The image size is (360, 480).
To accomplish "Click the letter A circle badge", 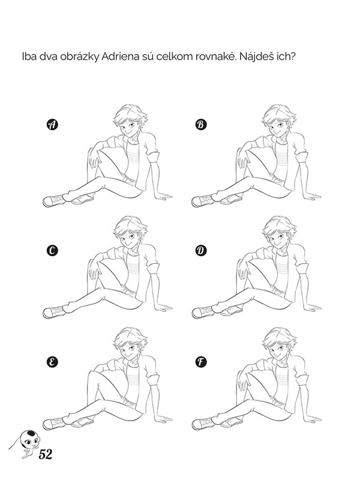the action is (x=52, y=125).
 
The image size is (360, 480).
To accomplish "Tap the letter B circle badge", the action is (x=201, y=125).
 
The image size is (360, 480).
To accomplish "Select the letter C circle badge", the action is (x=52, y=251).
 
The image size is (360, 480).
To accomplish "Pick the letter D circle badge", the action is (x=201, y=251).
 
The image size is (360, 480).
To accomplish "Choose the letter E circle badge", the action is (x=52, y=362).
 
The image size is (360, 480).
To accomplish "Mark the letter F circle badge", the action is (x=201, y=362).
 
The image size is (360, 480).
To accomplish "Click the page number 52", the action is (x=46, y=454).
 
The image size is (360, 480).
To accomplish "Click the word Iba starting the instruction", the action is (x=29, y=57).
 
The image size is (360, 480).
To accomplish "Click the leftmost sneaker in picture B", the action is (x=203, y=201).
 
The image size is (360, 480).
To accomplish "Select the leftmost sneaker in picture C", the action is (x=54, y=312).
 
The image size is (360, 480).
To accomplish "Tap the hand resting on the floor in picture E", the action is (x=163, y=418).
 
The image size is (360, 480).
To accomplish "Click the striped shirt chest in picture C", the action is (x=133, y=272).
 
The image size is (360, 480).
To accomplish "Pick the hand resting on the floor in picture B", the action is (x=312, y=196).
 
